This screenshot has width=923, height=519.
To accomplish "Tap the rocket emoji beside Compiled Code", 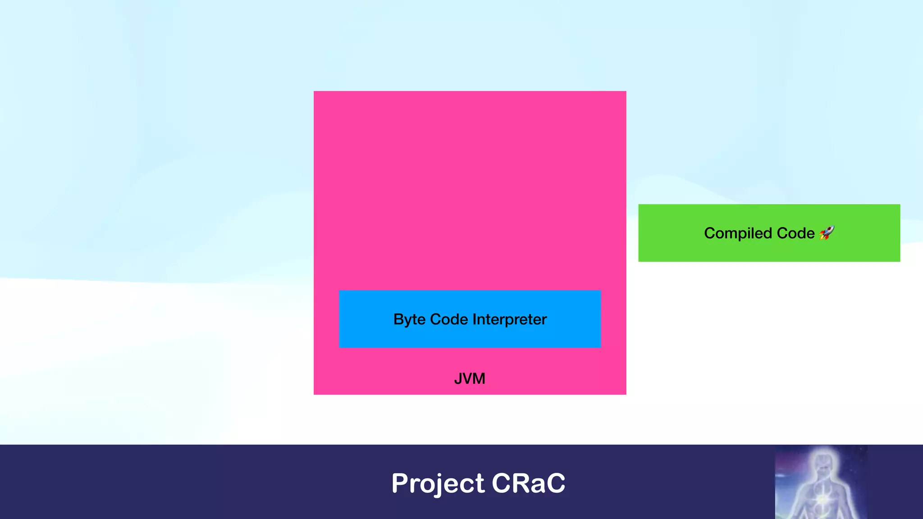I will tap(827, 233).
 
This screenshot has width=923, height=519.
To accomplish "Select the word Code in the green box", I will tap(795, 233).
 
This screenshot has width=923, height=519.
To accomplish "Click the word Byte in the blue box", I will tap(409, 319).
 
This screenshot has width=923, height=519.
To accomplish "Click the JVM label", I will tap(470, 378).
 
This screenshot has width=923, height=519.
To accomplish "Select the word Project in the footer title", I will tap(438, 483).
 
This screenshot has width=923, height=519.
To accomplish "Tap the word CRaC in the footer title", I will tap(528, 483).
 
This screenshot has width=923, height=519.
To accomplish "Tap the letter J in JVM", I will tap(458, 378).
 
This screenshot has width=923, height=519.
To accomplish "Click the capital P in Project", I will tap(400, 483).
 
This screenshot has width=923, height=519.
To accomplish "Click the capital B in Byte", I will tap(399, 319).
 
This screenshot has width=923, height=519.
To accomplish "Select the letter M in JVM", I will tap(479, 378).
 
